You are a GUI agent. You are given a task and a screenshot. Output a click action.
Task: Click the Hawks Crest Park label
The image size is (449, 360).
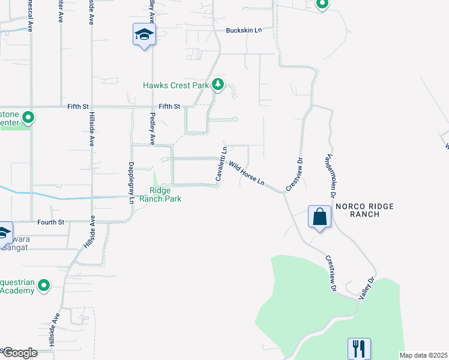click(175, 85)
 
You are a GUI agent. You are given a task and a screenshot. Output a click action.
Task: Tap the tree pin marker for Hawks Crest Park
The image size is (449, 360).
click(218, 85)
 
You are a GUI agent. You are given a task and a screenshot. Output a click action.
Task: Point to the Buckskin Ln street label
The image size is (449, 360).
click(244, 30)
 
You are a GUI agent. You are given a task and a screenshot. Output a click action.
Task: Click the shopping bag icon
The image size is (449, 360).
click(320, 216)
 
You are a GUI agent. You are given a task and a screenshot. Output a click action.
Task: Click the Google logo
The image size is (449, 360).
click(19, 352)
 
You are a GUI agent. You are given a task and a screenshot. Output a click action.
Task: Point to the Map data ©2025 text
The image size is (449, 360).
click(423, 355)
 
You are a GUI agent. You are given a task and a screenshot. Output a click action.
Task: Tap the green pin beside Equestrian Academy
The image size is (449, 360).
click(43, 286)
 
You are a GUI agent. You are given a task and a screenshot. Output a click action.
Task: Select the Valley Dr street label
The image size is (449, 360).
click(366, 289)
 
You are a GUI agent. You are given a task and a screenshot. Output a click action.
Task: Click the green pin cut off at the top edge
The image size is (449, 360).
click(322, 4)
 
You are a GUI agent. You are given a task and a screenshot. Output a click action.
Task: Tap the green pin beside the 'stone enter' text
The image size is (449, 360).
click(28, 118)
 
